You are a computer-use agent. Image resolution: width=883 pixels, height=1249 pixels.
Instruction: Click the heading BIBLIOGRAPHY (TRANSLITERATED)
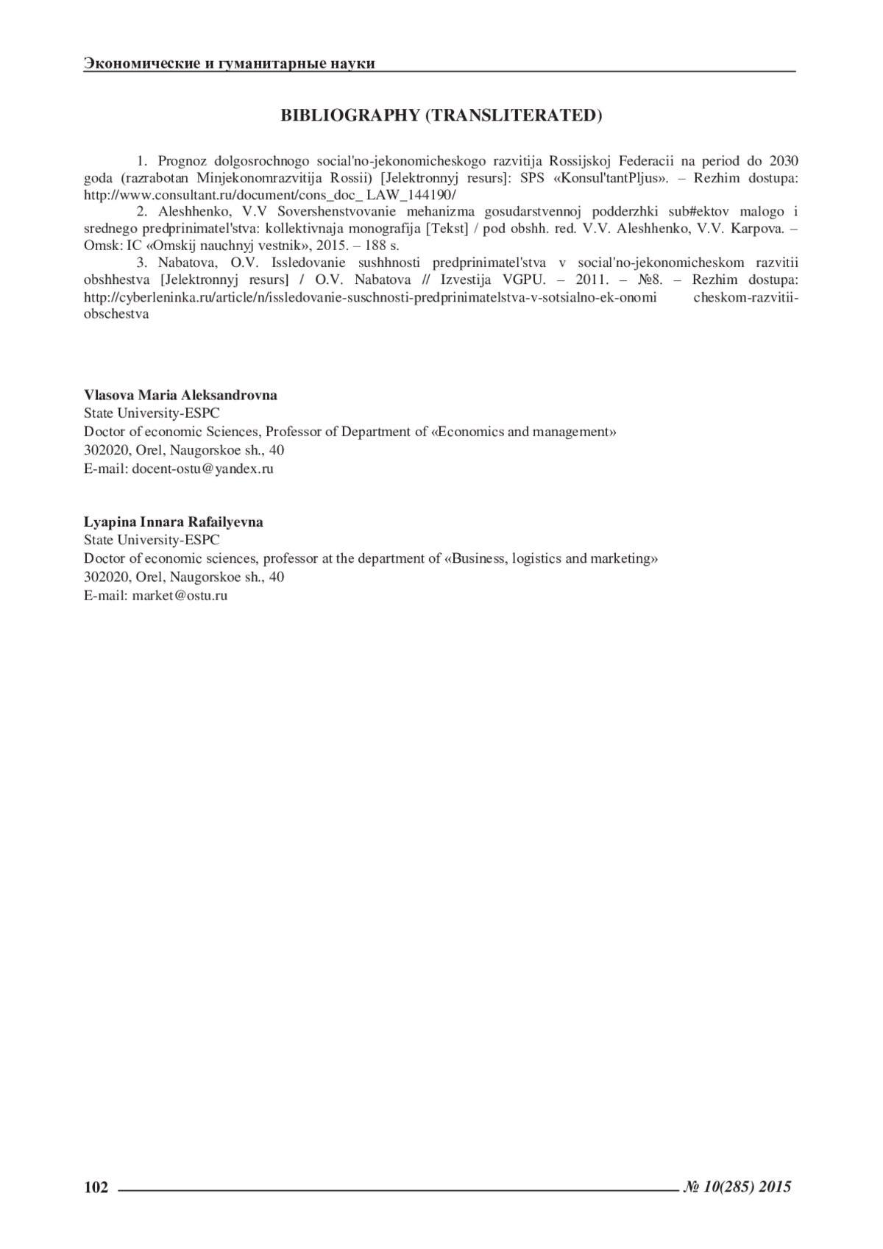[x=441, y=115]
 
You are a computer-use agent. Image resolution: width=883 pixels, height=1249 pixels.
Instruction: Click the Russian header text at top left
[x=230, y=63]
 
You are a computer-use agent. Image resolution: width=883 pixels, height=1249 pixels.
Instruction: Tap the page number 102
[x=96, y=1186]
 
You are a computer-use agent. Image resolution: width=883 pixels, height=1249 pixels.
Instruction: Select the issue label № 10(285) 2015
[x=737, y=1186]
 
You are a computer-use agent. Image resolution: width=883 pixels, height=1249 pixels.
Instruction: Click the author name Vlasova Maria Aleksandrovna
[x=180, y=396]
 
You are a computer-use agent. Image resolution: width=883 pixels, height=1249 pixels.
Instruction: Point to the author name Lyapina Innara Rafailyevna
[x=174, y=522]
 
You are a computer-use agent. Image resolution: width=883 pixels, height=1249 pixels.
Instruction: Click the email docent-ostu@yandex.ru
[x=202, y=469]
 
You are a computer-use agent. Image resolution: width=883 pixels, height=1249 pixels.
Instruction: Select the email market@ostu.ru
[x=180, y=596]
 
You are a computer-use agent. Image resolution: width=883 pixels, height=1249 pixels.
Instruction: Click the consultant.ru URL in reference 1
[x=270, y=195]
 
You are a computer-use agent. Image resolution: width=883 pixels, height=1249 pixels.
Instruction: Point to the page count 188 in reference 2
[x=376, y=246]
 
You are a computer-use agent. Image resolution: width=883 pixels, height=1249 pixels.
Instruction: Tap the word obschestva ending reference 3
[x=116, y=313]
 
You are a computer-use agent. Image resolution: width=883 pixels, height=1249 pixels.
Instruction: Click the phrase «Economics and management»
[x=523, y=432]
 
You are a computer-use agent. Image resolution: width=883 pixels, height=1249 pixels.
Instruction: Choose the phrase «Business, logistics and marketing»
[x=551, y=558]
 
